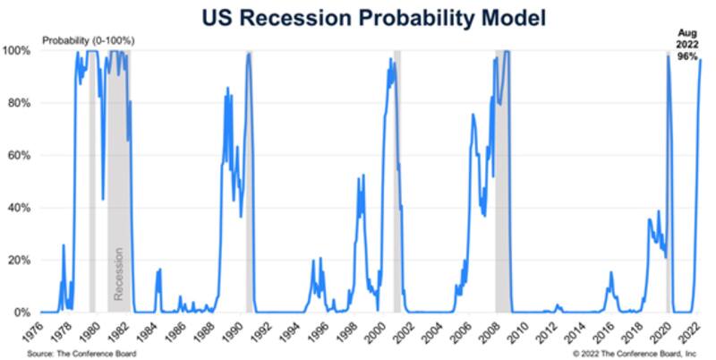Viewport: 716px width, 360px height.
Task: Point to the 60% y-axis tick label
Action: click(x=21, y=156)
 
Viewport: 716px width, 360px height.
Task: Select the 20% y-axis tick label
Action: click(x=21, y=261)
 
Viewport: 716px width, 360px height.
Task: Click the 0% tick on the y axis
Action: click(x=23, y=313)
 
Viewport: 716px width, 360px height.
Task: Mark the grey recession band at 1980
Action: click(x=92, y=179)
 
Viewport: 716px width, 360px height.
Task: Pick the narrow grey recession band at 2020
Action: click(x=668, y=179)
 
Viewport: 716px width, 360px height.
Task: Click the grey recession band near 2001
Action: click(x=397, y=179)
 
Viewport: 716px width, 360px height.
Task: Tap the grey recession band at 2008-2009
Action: click(x=502, y=179)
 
